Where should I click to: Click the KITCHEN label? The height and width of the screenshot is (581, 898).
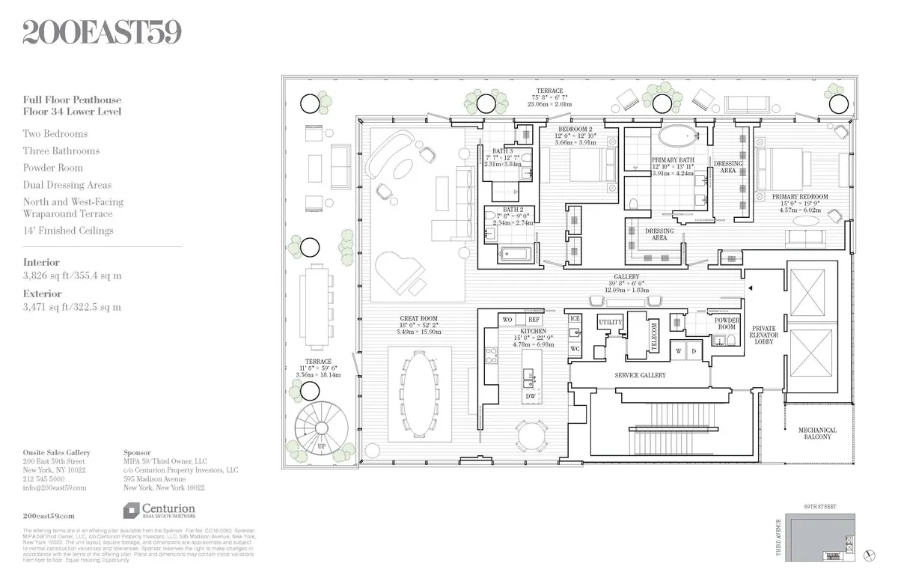pyautogui.click(x=534, y=331)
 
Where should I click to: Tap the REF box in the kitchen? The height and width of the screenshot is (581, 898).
pyautogui.click(x=534, y=320)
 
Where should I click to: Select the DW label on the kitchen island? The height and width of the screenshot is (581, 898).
pyautogui.click(x=530, y=396)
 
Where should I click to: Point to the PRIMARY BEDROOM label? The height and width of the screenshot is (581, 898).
pyautogui.click(x=800, y=198)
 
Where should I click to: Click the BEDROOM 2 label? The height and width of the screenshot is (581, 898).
pyautogui.click(x=575, y=128)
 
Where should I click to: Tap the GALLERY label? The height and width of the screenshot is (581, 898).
pyautogui.click(x=627, y=276)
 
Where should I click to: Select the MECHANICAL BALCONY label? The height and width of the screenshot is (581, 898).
pyautogui.click(x=817, y=434)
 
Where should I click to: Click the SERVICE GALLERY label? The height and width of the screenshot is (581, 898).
pyautogui.click(x=640, y=375)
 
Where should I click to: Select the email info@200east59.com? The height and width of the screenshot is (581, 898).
pyautogui.click(x=55, y=487)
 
